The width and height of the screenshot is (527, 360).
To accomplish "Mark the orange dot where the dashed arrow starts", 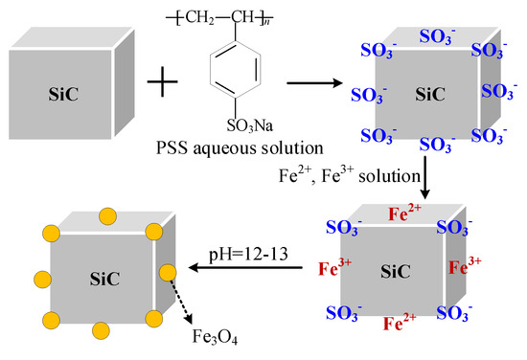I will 166,273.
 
